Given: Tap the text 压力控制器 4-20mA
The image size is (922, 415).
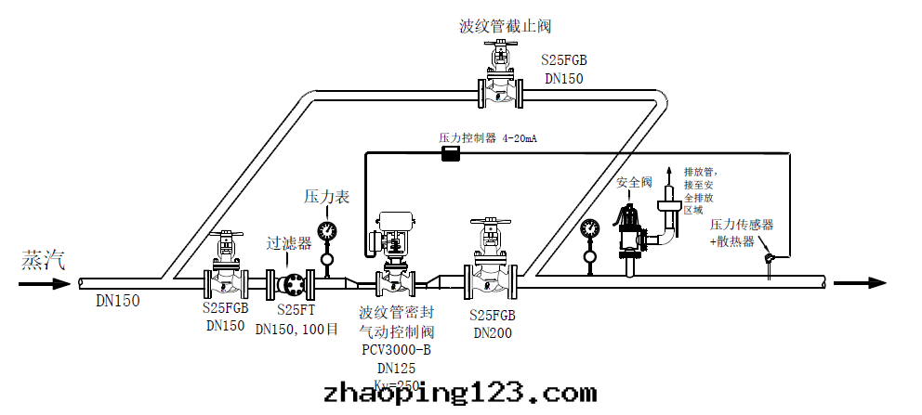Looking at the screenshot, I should click(488, 138).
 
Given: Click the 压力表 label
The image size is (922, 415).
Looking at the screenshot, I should click(326, 197).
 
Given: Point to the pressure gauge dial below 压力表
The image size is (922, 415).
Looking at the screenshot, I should click(326, 229).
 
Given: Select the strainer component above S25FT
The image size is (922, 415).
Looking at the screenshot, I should click(290, 282).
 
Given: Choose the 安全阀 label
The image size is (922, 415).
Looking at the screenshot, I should click(635, 183).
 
